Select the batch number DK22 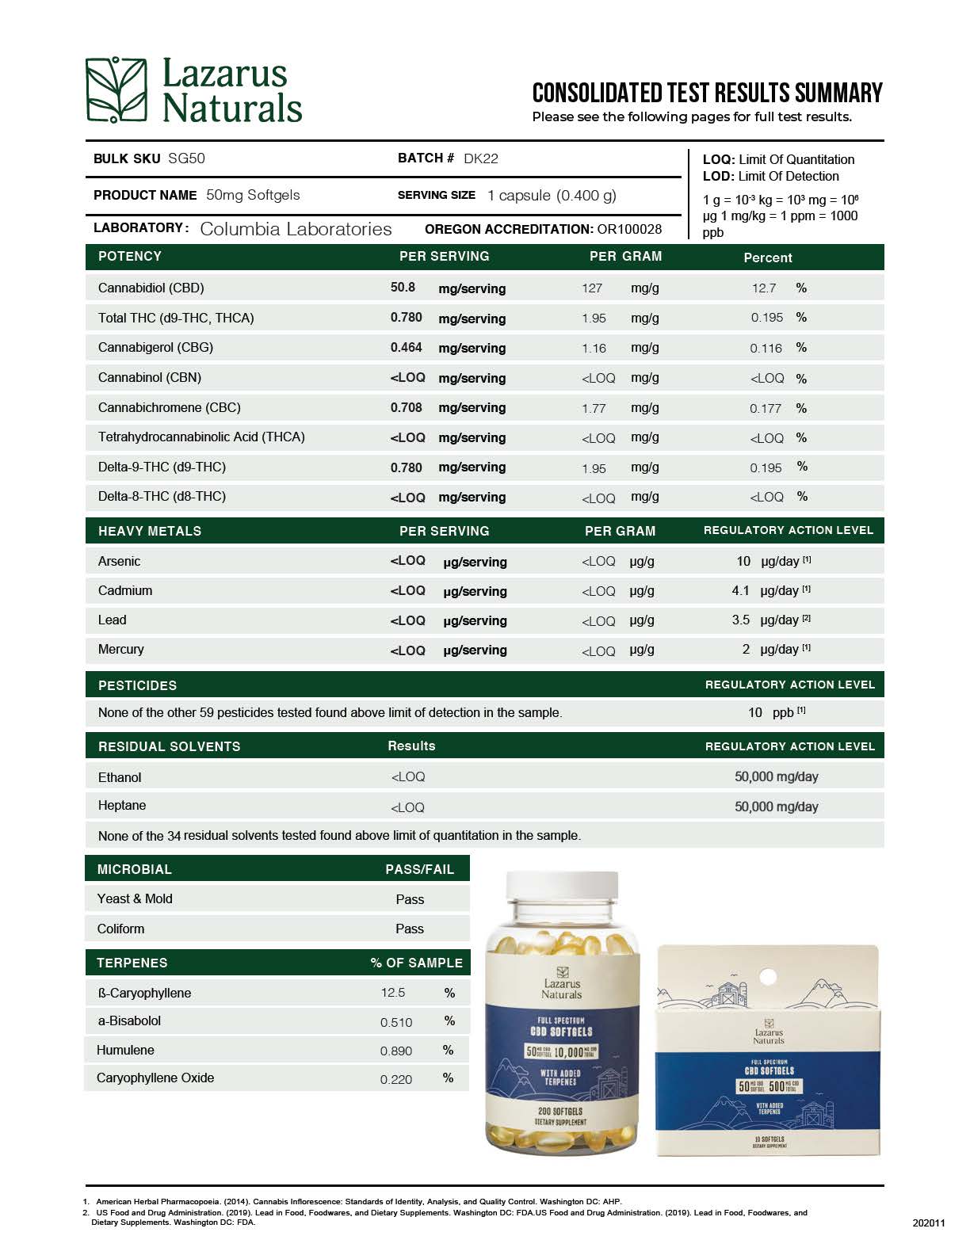coord(481,158)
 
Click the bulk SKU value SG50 coord(186,158)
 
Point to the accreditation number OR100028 coord(629,229)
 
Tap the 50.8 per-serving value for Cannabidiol coord(403,288)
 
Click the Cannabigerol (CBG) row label coord(155,347)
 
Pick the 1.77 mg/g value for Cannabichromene coord(594,409)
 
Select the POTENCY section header coord(130,257)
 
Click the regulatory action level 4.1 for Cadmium coord(740,590)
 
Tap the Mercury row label coord(121,650)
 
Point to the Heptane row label coord(122,806)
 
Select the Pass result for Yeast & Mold coord(410,899)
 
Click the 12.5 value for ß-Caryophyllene coord(393,993)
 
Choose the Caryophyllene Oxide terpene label coord(155,1078)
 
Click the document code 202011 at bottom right coord(929,1223)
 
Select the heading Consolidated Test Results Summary coord(707,93)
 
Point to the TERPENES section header coord(132,963)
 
